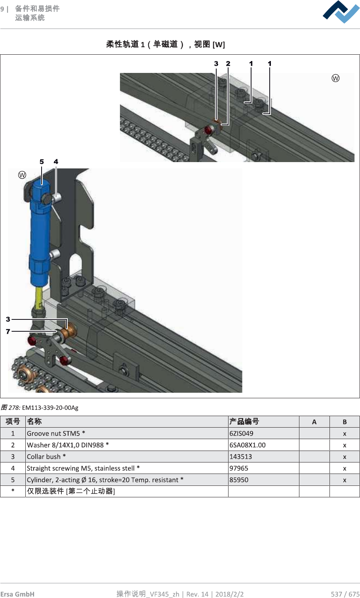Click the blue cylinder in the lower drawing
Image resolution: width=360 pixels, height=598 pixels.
point(40,234)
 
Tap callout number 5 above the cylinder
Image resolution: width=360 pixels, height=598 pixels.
point(42,162)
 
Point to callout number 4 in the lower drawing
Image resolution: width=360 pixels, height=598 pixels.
point(56,162)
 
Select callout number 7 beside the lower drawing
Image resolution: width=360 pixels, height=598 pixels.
point(8,331)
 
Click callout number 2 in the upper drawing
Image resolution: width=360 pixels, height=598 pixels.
point(228,63)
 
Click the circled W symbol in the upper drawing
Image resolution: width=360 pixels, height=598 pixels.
point(335,78)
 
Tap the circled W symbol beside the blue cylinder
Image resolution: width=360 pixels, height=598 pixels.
point(22,175)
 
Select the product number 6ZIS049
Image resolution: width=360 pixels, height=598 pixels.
point(241,434)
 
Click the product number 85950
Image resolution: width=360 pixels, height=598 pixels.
point(239,480)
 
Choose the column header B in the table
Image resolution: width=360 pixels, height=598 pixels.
point(345,422)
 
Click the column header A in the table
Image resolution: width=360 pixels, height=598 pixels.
point(314,422)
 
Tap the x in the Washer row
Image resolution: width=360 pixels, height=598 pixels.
point(345,445)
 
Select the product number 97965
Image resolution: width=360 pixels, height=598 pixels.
point(239,468)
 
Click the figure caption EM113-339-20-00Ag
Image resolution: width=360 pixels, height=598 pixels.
point(50,408)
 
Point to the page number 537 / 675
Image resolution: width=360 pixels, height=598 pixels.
point(345,594)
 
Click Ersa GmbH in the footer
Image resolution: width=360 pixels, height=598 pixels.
point(17,594)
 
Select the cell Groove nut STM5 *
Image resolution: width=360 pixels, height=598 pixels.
point(56,434)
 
